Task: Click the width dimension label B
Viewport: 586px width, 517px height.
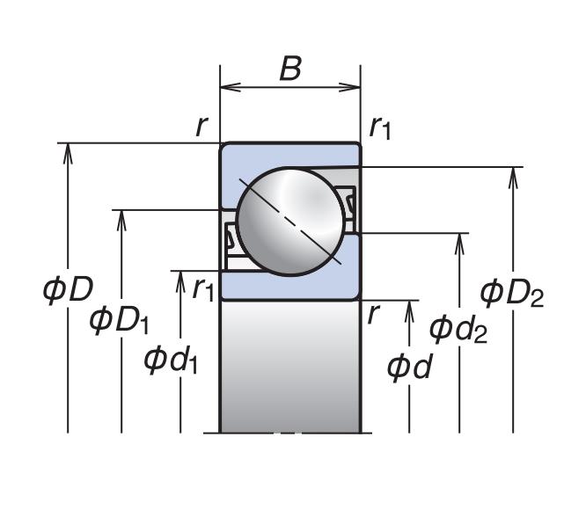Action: click(290, 69)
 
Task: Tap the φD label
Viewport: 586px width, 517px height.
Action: click(68, 289)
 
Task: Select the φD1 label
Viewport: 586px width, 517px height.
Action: click(120, 320)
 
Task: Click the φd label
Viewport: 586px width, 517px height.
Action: click(409, 367)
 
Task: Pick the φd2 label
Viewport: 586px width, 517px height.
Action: click(458, 330)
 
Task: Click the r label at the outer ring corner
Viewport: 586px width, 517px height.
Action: click(201, 126)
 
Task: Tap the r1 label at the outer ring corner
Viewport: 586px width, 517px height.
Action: click(380, 128)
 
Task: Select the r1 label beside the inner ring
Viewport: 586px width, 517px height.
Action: click(202, 287)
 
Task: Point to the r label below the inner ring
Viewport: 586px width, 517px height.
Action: click(373, 313)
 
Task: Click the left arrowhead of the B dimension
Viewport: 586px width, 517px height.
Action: click(226, 86)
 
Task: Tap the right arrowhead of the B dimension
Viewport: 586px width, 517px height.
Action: click(355, 86)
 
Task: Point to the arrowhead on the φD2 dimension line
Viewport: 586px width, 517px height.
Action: click(513, 175)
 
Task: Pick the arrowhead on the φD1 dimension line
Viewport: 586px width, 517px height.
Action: click(121, 218)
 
